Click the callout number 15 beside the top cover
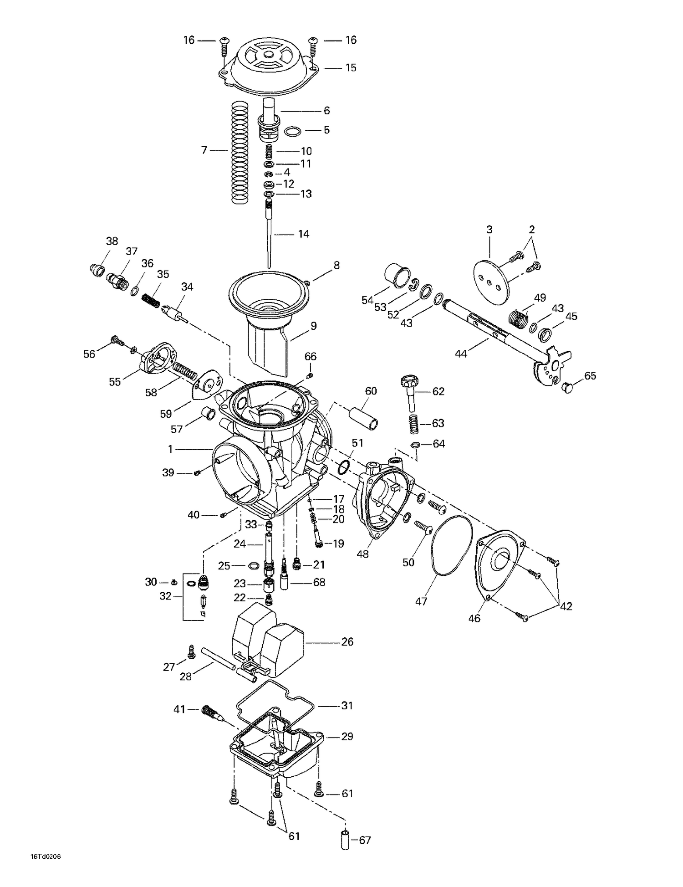(x=350, y=68)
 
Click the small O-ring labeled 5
(x=293, y=132)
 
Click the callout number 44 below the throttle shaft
(x=461, y=354)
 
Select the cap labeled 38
(x=96, y=271)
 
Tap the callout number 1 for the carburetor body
(x=170, y=450)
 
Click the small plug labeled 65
(x=567, y=388)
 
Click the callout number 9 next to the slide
(x=313, y=326)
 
